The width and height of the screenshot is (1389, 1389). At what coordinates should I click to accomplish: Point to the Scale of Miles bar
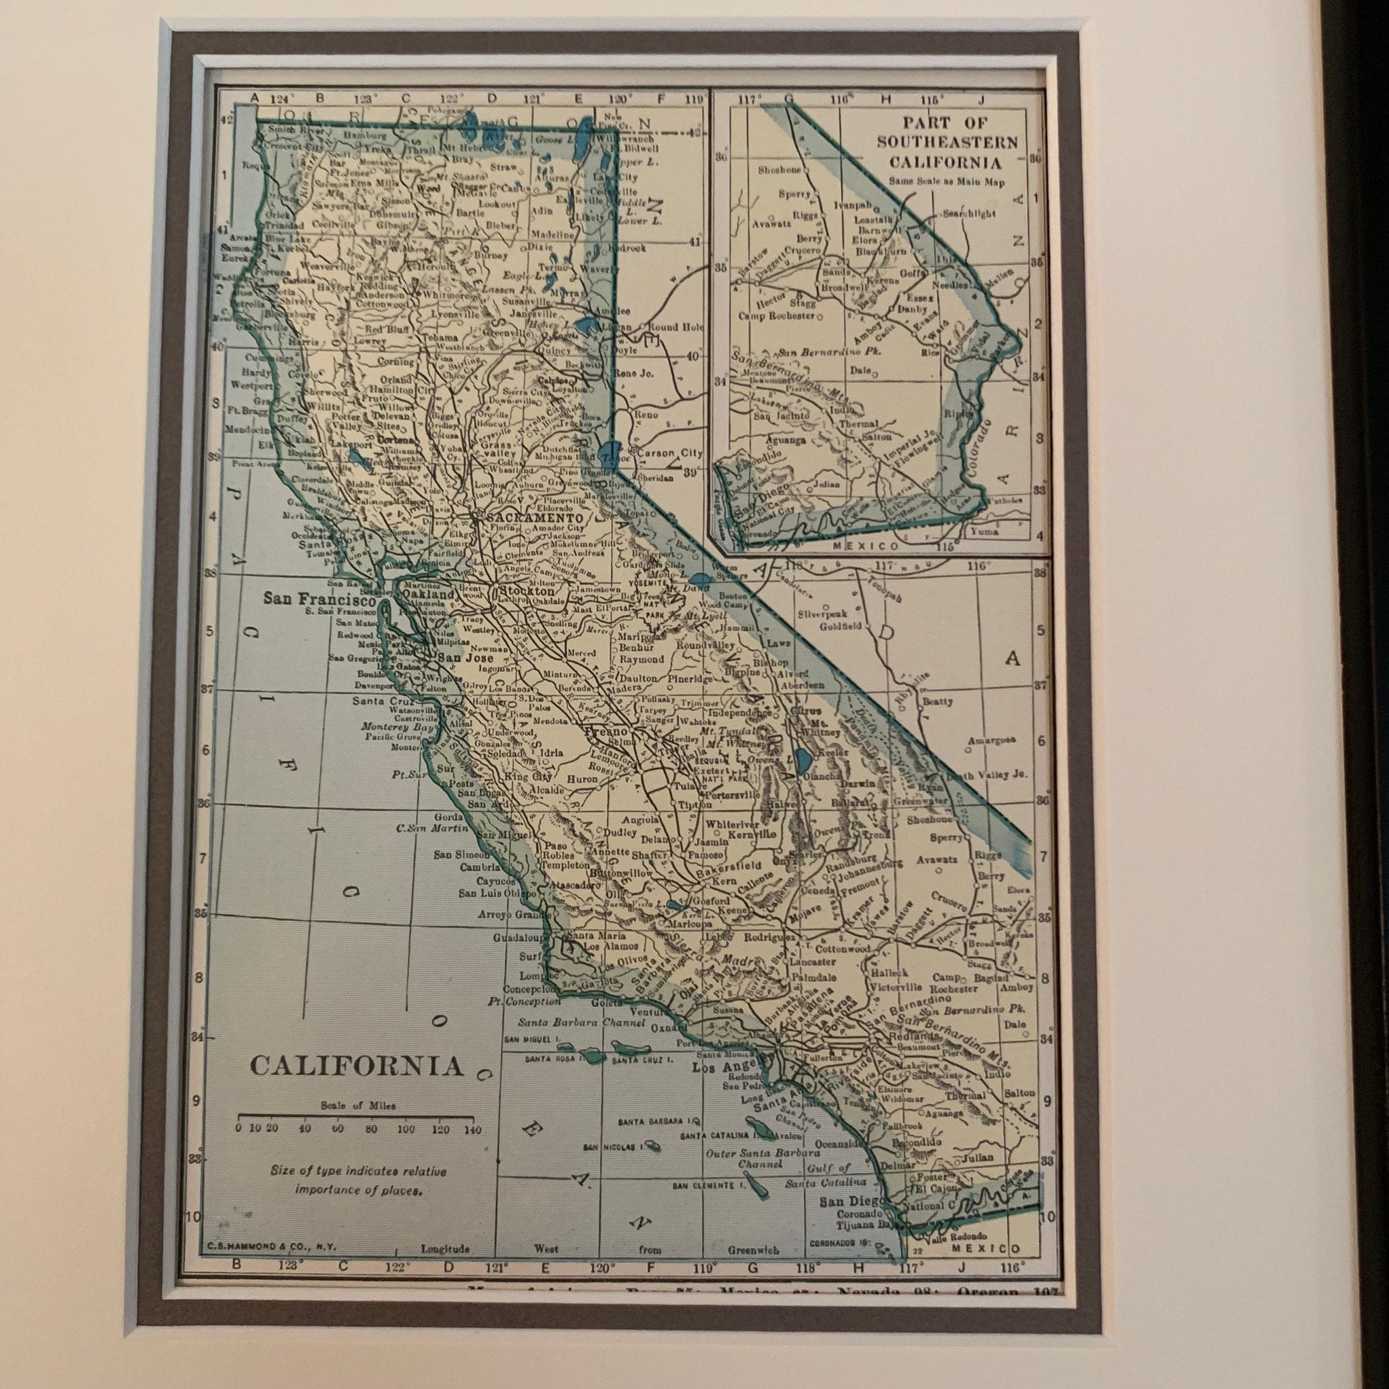tap(355, 1117)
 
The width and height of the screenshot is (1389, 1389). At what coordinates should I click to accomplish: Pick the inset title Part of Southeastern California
tap(947, 142)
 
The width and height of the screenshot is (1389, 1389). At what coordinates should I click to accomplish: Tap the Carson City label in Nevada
tap(669, 453)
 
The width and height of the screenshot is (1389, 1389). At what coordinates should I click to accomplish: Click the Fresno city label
tap(608, 732)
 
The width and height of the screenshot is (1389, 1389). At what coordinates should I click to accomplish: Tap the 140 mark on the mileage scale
tap(472, 1128)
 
